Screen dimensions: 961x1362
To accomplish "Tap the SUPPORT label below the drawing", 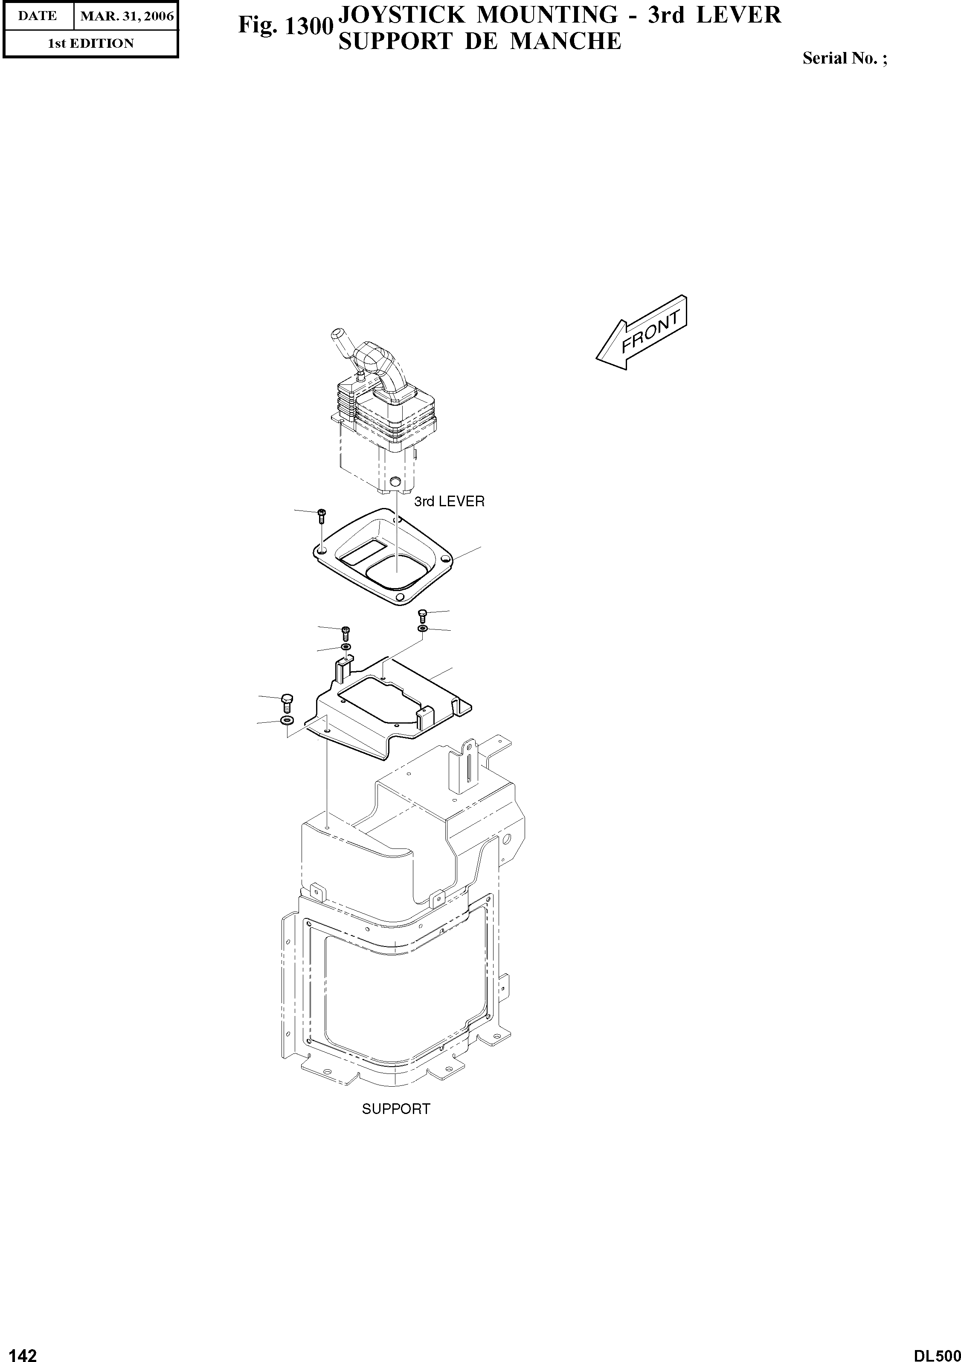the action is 396,1109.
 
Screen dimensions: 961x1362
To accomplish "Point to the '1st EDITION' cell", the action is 91,43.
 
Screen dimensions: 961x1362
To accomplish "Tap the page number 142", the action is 19,1351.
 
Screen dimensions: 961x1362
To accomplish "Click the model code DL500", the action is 937,1351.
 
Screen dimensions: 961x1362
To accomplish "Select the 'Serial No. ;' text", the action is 845,59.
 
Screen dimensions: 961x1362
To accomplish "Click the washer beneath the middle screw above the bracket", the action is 345,646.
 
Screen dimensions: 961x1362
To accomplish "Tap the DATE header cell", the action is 38,16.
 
